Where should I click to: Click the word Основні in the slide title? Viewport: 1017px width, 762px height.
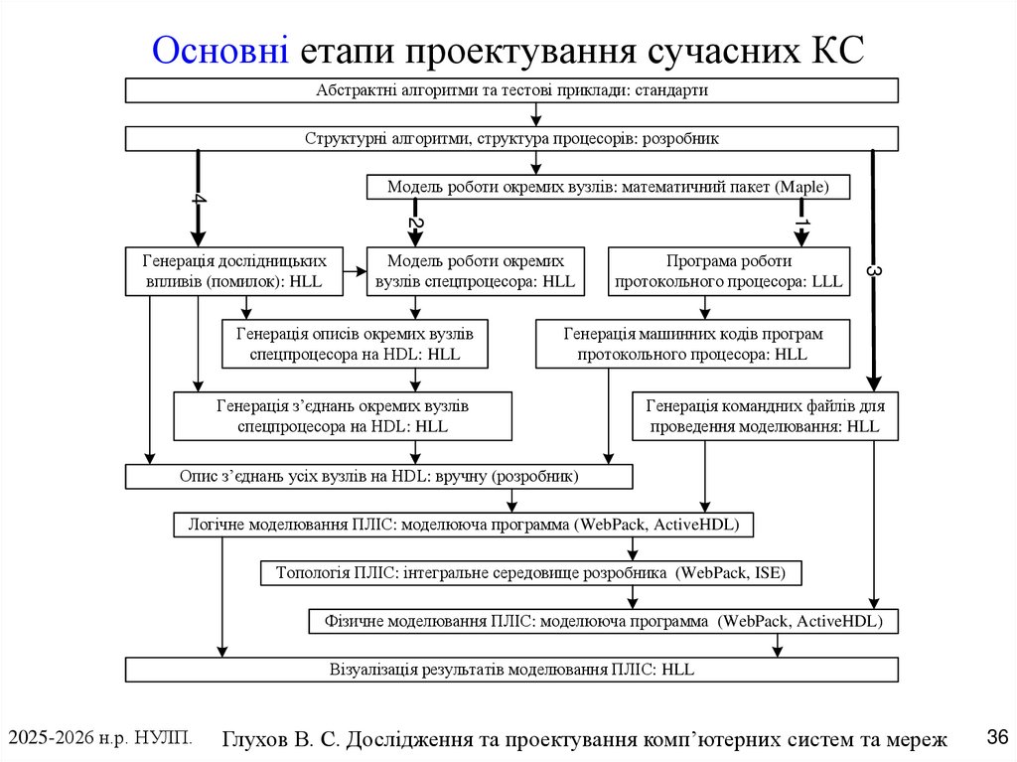pyautogui.click(x=221, y=49)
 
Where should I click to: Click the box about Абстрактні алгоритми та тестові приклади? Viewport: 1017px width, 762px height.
pyautogui.click(x=511, y=90)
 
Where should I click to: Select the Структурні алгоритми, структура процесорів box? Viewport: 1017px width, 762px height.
pyautogui.click(x=511, y=139)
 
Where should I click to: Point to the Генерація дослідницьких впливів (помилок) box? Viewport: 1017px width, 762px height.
pyautogui.click(x=234, y=271)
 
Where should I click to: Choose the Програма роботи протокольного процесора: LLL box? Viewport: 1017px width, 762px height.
pyautogui.click(x=729, y=271)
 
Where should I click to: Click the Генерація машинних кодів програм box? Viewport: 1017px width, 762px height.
pyautogui.click(x=693, y=344)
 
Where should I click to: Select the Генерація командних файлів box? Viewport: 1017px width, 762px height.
pyautogui.click(x=765, y=416)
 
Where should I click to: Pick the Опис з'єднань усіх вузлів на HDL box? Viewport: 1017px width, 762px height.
pyautogui.click(x=378, y=477)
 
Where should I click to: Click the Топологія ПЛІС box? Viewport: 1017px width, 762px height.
pyautogui.click(x=529, y=573)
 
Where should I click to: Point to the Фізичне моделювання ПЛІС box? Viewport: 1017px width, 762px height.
pyautogui.click(x=603, y=622)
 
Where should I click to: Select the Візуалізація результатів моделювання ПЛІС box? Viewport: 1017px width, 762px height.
pyautogui.click(x=511, y=670)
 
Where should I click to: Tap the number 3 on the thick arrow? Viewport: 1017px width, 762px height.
pyautogui.click(x=874, y=270)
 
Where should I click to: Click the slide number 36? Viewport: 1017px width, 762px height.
pyautogui.click(x=997, y=737)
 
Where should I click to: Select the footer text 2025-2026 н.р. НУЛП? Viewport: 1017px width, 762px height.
pyautogui.click(x=99, y=737)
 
